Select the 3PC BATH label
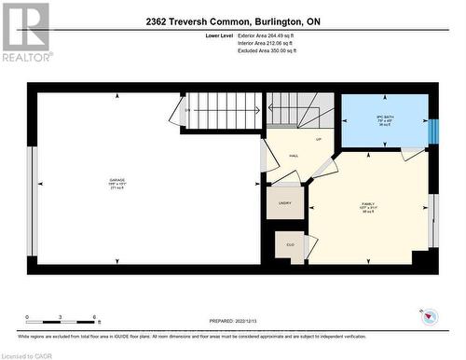[384, 116]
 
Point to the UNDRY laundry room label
[285, 202]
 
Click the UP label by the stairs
[318, 139]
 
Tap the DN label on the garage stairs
[187, 111]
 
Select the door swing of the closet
[310, 246]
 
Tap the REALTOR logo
[25, 32]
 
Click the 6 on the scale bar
[94, 318]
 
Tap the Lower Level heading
[220, 36]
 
